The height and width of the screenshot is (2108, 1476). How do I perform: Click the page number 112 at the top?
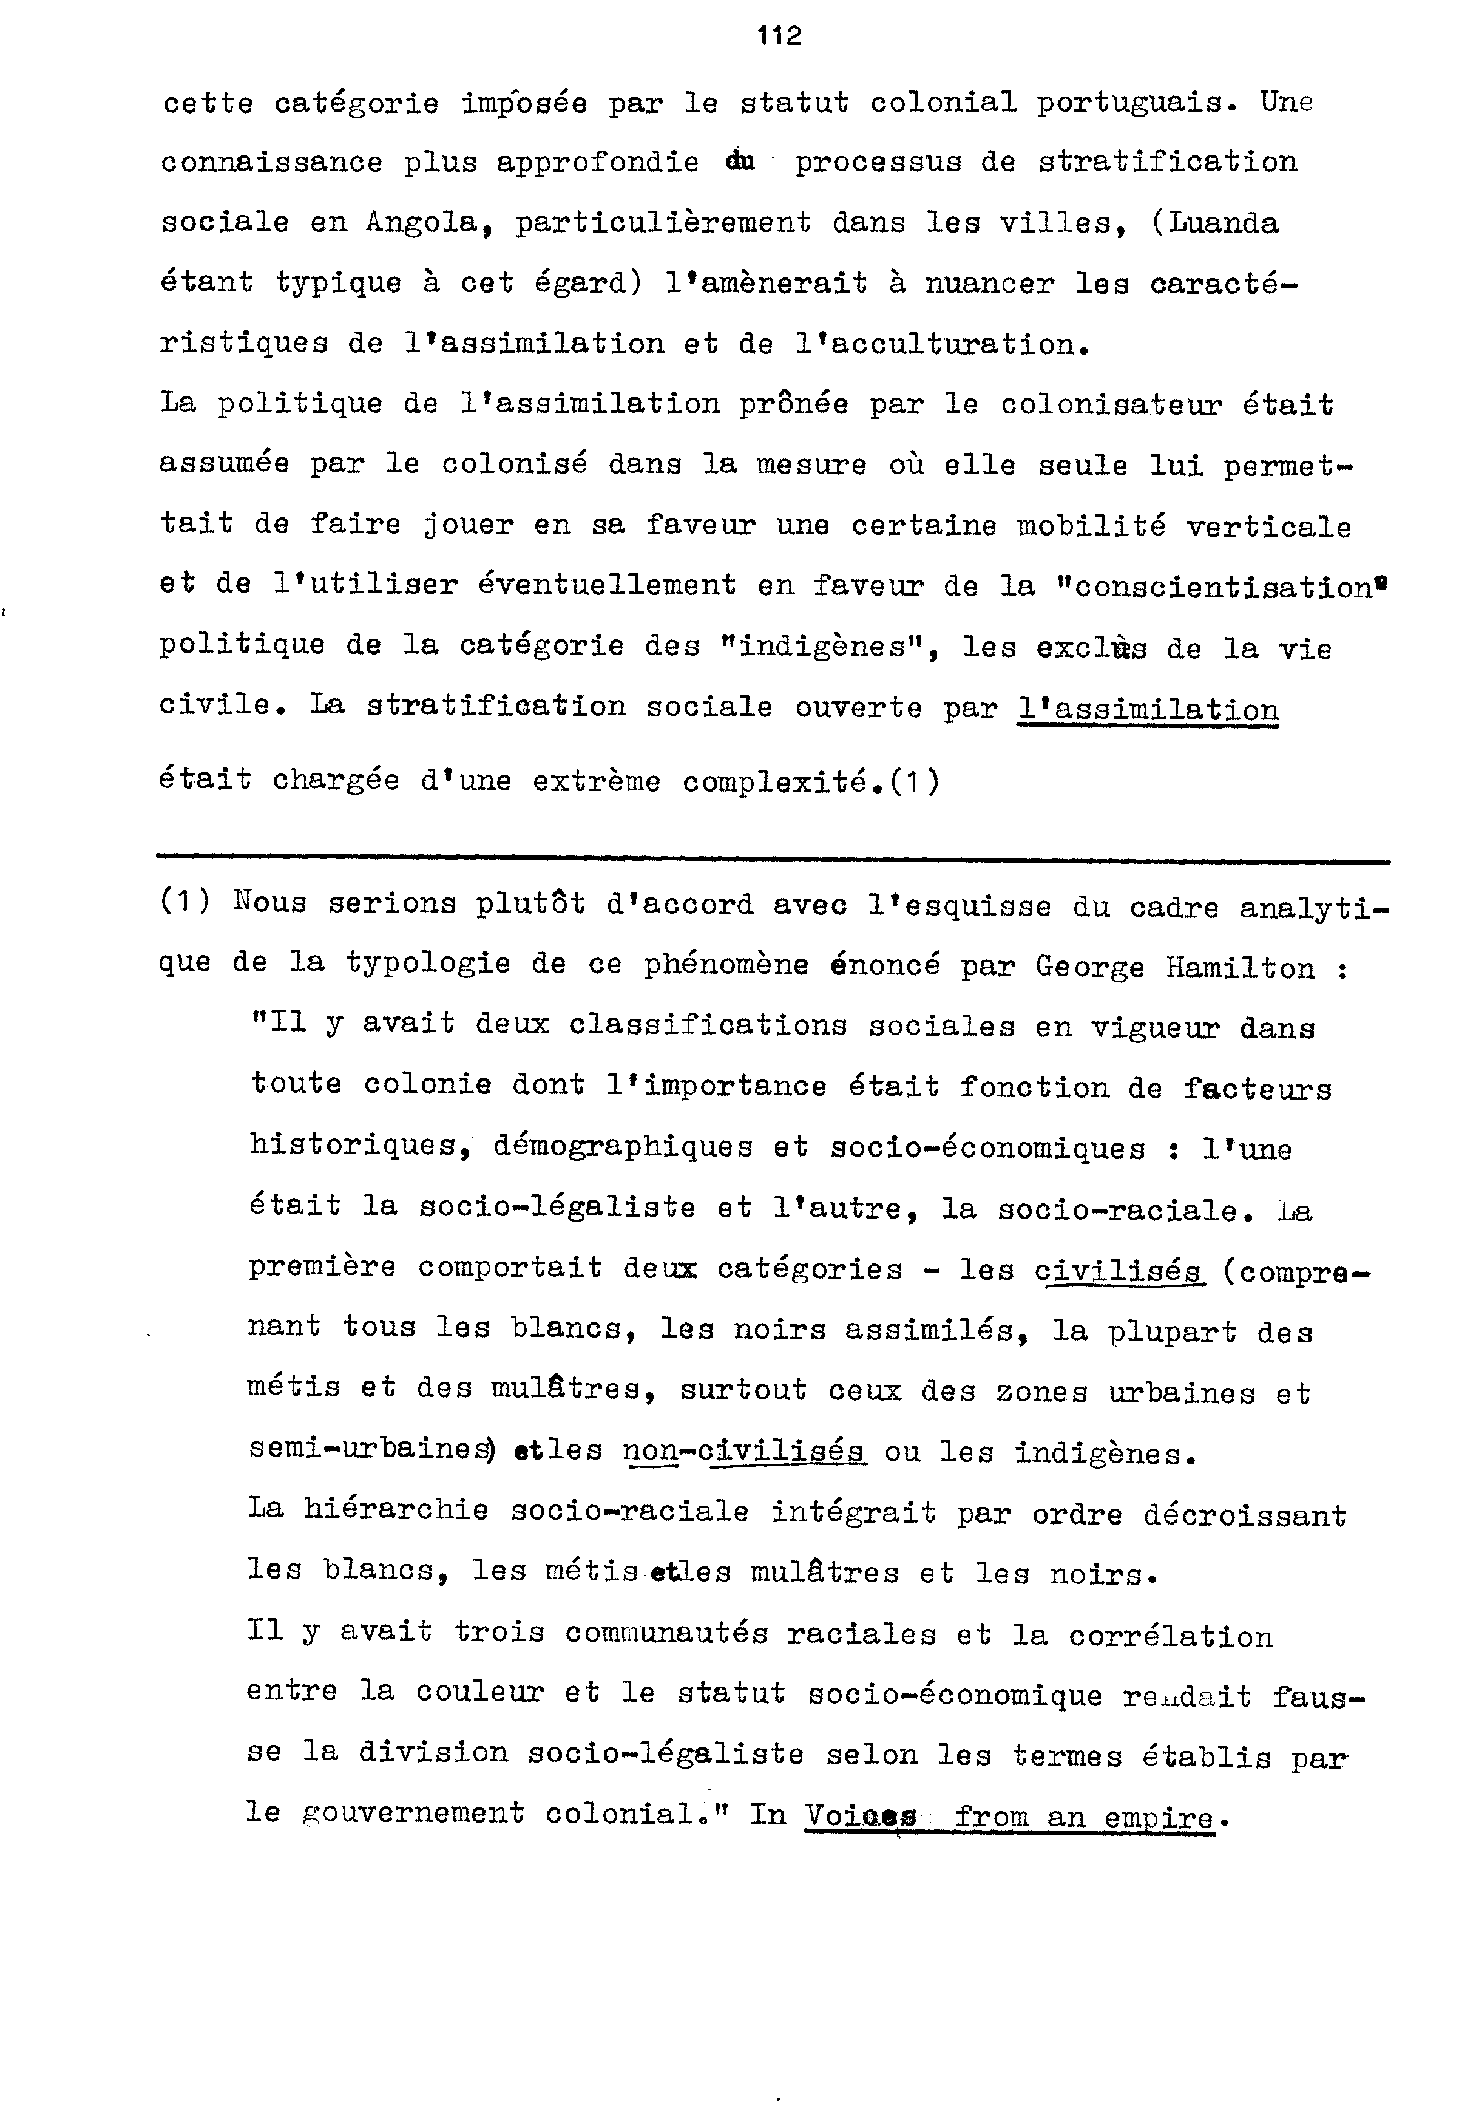[x=779, y=36]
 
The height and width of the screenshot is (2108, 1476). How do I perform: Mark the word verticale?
[x=1268, y=526]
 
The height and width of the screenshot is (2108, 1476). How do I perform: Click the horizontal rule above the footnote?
[x=773, y=861]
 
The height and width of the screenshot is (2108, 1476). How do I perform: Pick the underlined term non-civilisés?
[x=743, y=1452]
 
